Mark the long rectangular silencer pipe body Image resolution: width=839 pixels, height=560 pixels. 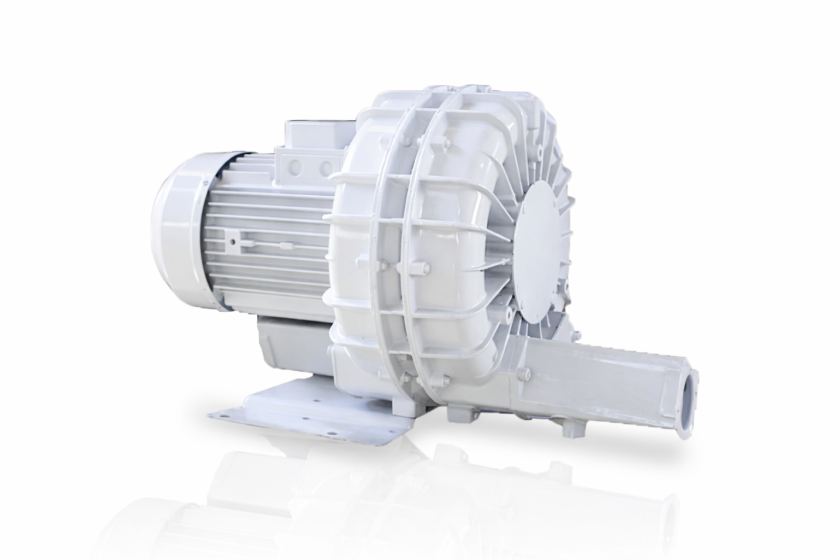pyautogui.click(x=601, y=377)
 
